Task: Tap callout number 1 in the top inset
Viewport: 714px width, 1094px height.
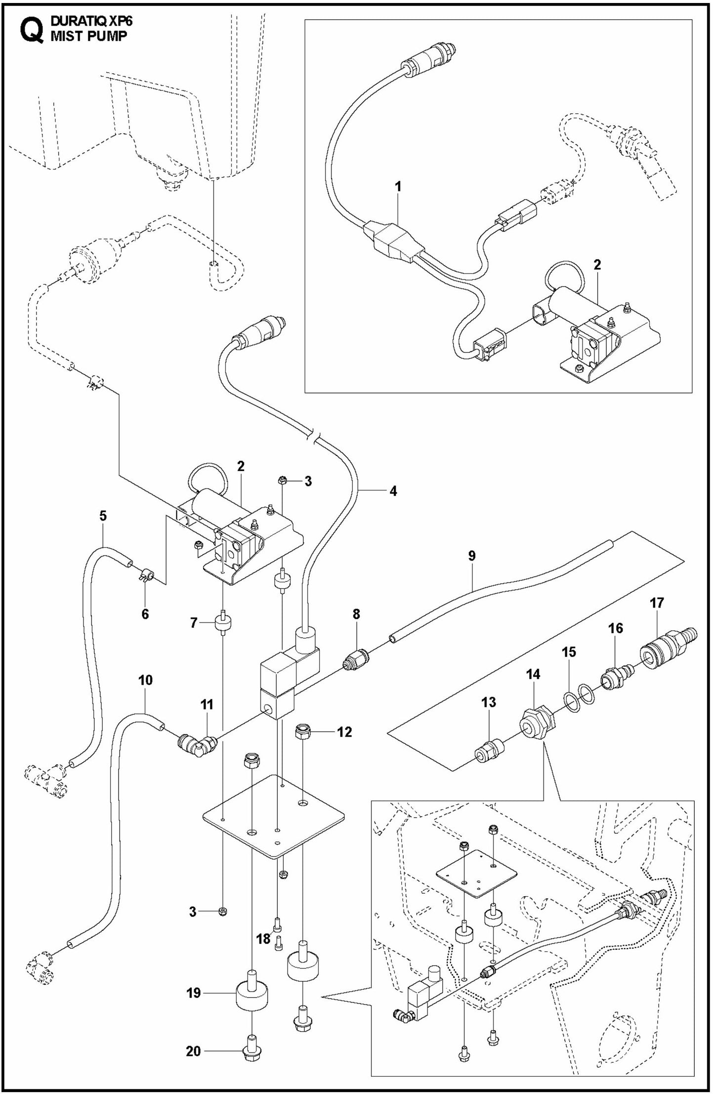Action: tap(398, 186)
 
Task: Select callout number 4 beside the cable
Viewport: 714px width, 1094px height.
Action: tap(393, 491)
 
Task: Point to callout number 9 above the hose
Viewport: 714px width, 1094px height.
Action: tap(471, 556)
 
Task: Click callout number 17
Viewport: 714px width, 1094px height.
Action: tap(657, 603)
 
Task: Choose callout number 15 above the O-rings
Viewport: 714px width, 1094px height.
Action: tap(569, 652)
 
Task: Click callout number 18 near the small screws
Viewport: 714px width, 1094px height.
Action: tap(263, 938)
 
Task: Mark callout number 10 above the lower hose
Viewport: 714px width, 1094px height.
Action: tap(145, 680)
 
